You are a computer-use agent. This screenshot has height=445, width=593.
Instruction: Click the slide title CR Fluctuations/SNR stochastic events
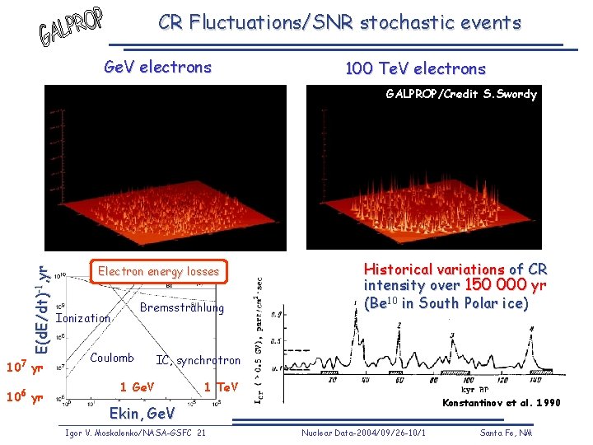pos(339,22)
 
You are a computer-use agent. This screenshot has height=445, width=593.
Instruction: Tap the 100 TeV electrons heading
pos(415,68)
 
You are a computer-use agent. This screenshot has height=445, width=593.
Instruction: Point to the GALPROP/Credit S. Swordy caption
pos(461,94)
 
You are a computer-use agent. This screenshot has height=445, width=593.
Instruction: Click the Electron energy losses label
pos(158,271)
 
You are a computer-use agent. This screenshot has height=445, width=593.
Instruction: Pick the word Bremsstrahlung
pos(182,307)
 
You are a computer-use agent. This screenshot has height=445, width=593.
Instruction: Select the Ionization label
pos(82,318)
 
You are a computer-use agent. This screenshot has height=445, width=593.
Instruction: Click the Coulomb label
pos(111,358)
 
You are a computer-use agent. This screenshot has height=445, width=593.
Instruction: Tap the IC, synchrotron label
pos(198,360)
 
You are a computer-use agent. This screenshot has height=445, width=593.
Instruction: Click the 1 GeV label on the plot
pos(137,386)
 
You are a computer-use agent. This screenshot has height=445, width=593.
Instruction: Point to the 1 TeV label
pos(221,386)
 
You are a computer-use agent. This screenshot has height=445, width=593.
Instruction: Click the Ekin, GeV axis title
pos(142,413)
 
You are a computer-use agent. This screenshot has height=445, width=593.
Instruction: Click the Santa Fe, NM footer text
pos(507,433)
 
